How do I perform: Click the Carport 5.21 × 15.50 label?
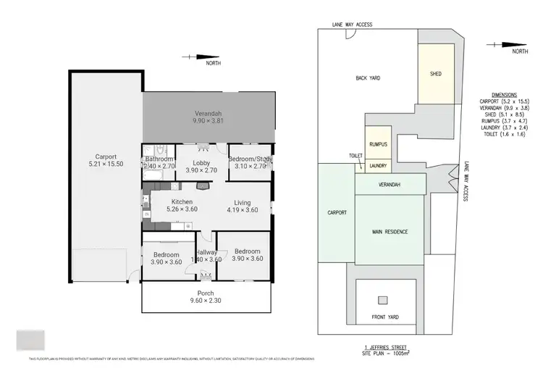pos(106,160)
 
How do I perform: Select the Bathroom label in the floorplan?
pos(159,163)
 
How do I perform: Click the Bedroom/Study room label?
pos(250,163)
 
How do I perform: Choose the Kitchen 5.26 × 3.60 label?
pos(181,206)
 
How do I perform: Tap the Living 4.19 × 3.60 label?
pos(243,206)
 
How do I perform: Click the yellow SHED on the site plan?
pos(436,74)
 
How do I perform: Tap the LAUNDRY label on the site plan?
pos(377,166)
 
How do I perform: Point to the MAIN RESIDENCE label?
pos(390,232)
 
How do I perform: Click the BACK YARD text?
pos(368,78)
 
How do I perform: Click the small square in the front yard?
pos(382,300)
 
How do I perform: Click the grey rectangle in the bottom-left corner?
pos(30,341)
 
